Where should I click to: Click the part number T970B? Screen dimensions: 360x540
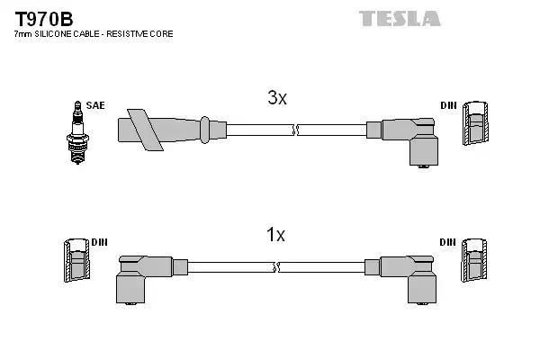(43, 17)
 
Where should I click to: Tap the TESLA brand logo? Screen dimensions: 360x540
(400, 18)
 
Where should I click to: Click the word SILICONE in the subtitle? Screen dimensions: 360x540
(58, 34)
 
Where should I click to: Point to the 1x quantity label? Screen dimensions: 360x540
(275, 235)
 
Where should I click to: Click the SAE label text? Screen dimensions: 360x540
(95, 105)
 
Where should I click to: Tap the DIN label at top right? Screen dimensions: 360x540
(448, 105)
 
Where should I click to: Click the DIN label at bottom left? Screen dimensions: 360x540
(99, 242)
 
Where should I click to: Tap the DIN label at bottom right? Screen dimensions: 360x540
(448, 242)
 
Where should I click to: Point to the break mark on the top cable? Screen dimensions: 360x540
(295, 130)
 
